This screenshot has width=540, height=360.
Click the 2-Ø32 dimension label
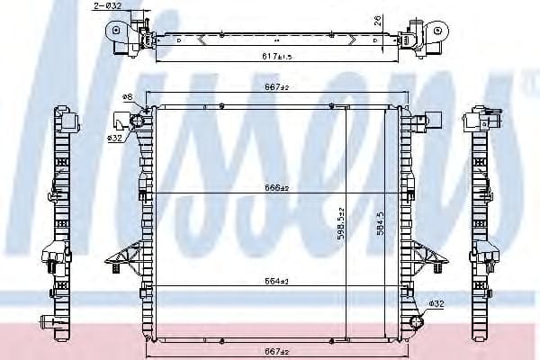pos(107,6)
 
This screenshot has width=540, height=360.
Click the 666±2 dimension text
pos(276,188)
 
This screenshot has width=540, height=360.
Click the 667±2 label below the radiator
pos(276,350)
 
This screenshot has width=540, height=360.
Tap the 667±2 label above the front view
pos(276,88)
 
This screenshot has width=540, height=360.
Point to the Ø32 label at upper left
pos(114,138)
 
